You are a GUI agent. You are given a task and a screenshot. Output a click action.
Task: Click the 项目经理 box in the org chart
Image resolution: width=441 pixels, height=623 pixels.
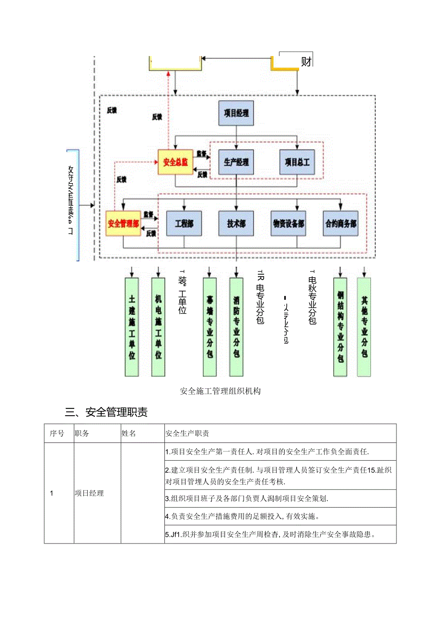[236, 113]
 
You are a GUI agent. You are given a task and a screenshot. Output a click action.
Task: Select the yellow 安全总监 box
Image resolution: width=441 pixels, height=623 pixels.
[175, 162]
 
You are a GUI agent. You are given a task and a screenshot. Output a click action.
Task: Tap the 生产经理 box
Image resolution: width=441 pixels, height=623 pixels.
[236, 162]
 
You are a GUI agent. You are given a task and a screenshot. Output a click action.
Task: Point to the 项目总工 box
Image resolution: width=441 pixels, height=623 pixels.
[297, 162]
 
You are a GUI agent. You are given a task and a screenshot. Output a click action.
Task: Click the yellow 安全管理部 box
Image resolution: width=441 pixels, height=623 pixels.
[124, 224]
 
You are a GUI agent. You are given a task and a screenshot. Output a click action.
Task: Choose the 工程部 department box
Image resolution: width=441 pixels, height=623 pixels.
[184, 224]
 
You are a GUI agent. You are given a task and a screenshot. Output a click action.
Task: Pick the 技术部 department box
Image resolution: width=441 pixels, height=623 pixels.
[236, 224]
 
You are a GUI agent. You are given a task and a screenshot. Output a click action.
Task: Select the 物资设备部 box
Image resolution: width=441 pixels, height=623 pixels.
[289, 224]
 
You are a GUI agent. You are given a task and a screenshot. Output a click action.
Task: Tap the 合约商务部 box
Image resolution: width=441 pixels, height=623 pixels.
[341, 224]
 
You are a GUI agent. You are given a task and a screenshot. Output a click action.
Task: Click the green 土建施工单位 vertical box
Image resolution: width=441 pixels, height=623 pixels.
[132, 327]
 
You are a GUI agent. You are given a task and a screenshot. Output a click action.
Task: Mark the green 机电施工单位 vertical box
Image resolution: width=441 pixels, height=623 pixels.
[158, 327]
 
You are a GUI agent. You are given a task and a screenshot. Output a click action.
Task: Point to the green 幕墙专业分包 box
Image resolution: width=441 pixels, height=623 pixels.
[210, 327]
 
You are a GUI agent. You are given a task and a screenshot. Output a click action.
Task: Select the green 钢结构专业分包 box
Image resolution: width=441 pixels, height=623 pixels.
[340, 327]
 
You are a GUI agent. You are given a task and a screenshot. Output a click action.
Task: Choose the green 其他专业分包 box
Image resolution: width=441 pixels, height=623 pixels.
[364, 327]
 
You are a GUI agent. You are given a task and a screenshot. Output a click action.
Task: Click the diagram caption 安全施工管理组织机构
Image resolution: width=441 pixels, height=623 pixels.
[220, 391]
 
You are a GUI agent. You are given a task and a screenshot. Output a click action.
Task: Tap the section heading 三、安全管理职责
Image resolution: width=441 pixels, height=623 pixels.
[106, 412]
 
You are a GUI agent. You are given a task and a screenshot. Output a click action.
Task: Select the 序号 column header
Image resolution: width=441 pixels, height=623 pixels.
[57, 433]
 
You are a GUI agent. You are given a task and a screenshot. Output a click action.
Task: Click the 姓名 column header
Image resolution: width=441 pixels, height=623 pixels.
[129, 433]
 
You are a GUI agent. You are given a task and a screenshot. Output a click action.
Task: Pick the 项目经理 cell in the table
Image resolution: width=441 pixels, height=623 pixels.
[90, 493]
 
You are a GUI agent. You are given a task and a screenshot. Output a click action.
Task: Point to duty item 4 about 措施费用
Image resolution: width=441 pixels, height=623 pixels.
[243, 517]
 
